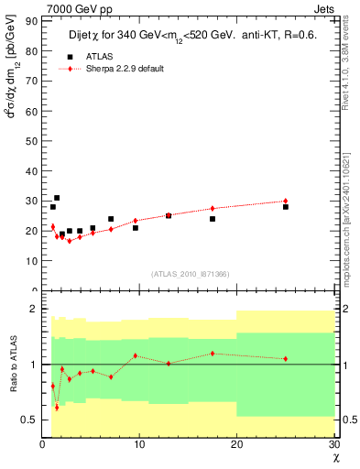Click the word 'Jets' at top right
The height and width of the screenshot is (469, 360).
pyautogui.click(x=324, y=8)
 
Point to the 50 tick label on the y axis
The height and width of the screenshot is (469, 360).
pyautogui.click(x=30, y=141)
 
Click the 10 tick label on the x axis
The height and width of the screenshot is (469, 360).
pyautogui.click(x=138, y=444)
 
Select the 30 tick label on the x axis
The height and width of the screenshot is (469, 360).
pyautogui.click(x=333, y=444)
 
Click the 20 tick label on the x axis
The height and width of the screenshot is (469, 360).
pyautogui.click(x=235, y=444)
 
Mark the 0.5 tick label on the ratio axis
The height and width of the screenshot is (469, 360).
pyautogui.click(x=28, y=420)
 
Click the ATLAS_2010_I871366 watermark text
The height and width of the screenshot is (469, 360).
pyautogui.click(x=191, y=274)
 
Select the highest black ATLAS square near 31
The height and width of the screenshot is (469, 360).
pyautogui.click(x=57, y=198)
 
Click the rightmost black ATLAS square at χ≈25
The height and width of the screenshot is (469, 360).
pyautogui.click(x=286, y=207)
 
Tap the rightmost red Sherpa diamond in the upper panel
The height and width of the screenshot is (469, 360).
pyautogui.click(x=286, y=201)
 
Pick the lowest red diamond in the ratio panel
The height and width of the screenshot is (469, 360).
pyautogui.click(x=57, y=407)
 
